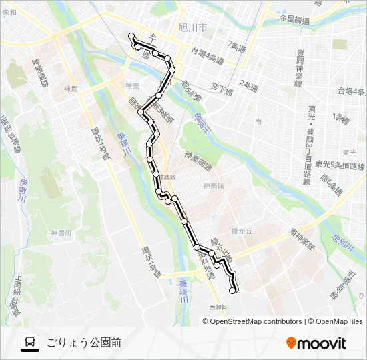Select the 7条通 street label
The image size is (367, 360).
[x=236, y=45]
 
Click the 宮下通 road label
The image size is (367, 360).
[x=220, y=87]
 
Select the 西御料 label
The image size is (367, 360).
[x=218, y=307]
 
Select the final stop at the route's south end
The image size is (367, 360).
[x=233, y=290]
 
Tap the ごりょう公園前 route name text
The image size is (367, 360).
[x=84, y=343]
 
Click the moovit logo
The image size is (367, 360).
[x=316, y=343]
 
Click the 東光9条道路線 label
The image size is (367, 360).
[x=340, y=166]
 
